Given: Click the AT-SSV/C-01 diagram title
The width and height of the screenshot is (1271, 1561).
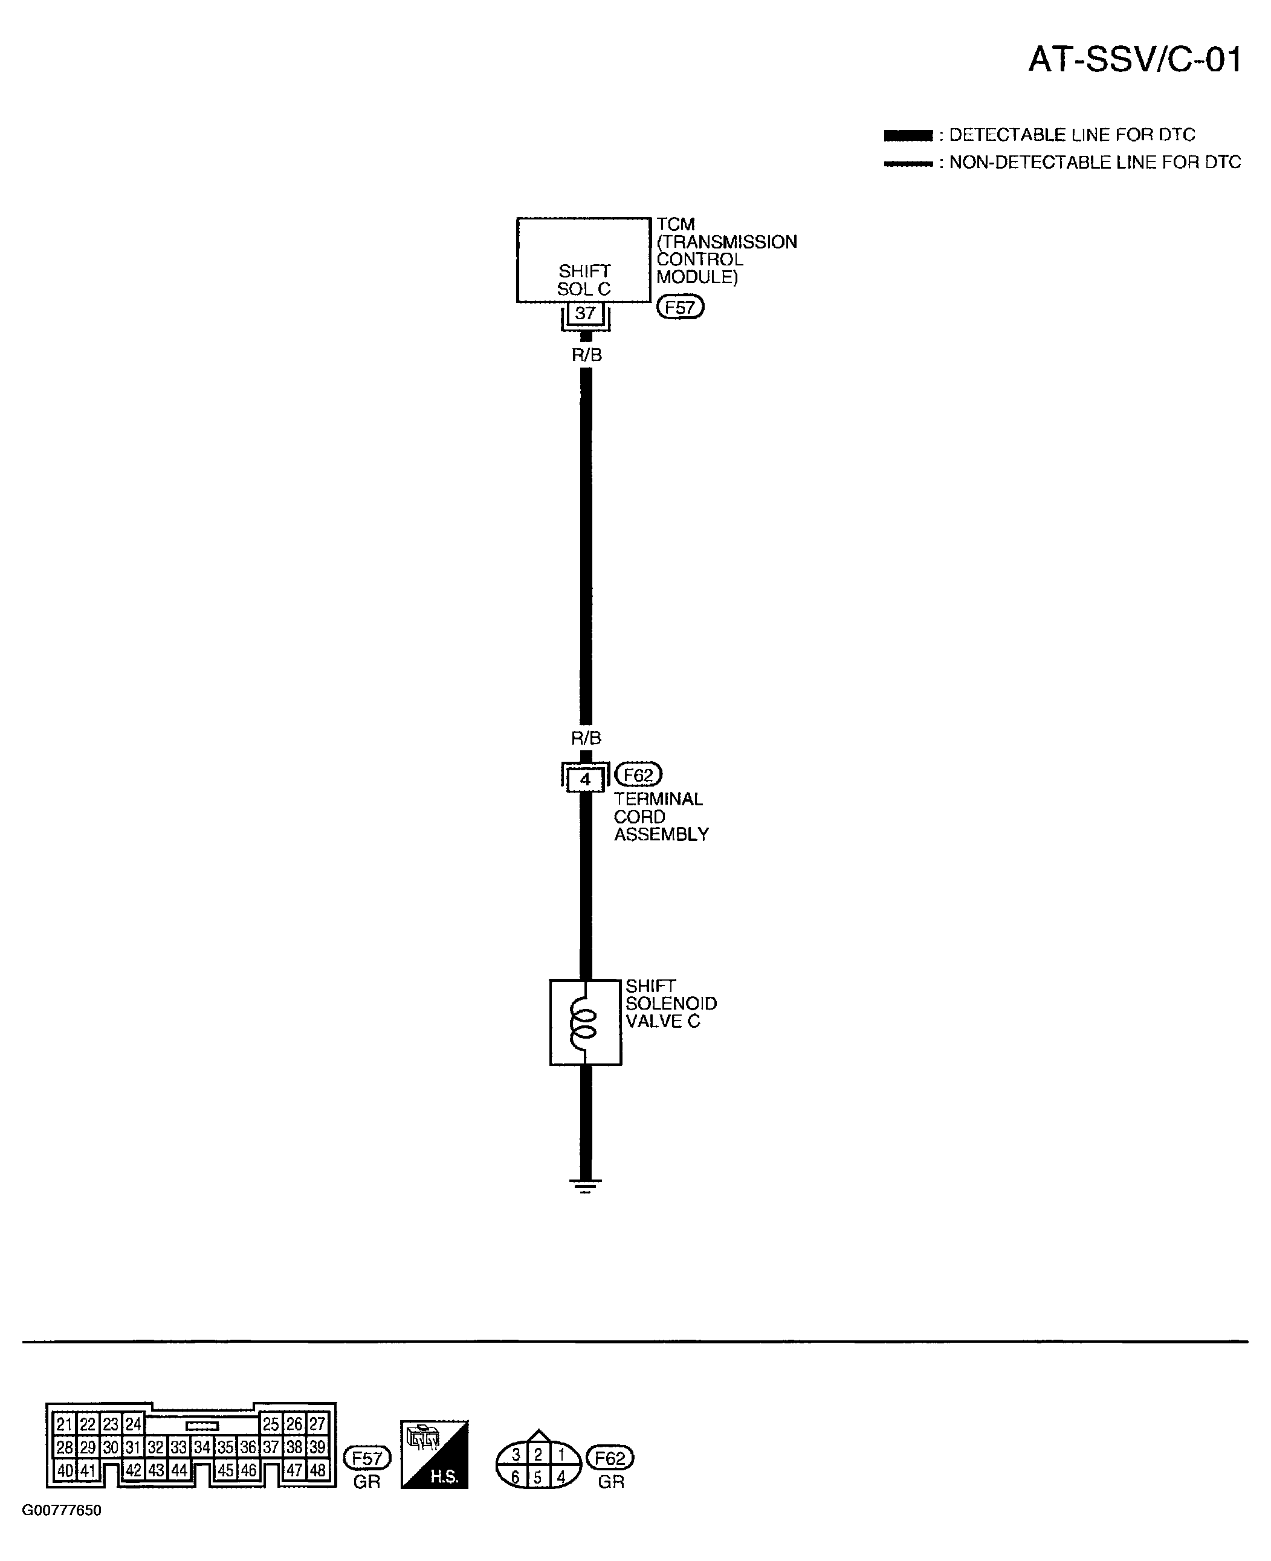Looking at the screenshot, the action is (1135, 60).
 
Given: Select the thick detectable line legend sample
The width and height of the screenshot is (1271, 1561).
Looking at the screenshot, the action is (908, 135).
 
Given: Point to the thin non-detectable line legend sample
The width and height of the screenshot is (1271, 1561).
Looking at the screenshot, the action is (908, 163).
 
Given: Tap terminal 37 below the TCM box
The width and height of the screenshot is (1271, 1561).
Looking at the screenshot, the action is (585, 313).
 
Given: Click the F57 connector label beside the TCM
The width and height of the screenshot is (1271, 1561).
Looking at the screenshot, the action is (680, 308).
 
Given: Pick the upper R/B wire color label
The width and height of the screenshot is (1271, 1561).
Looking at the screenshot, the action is (586, 355).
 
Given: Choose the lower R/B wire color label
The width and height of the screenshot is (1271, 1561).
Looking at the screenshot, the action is (586, 738).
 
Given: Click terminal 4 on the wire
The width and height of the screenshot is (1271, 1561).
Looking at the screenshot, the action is (585, 779).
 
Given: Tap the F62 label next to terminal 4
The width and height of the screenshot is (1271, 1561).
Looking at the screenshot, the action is (638, 774).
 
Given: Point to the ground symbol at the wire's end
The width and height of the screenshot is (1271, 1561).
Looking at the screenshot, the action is (585, 1186).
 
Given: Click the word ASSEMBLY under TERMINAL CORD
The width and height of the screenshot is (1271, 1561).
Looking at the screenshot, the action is (661, 835).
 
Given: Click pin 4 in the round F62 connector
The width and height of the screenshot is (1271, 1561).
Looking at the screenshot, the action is (561, 1477).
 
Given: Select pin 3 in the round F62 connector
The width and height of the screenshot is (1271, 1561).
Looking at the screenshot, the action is (516, 1455).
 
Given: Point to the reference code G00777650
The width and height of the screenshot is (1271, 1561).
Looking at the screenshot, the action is (62, 1510).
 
